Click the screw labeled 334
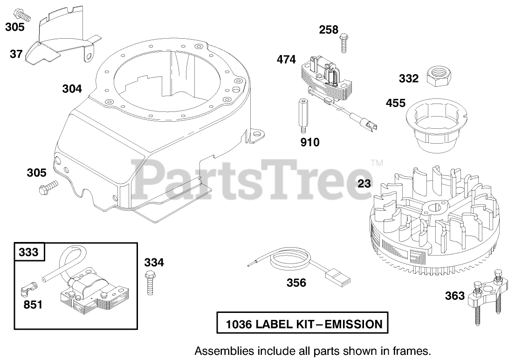(150, 282)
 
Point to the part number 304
(72, 89)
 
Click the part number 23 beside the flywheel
(364, 184)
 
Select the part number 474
(286, 60)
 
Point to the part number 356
(296, 283)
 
